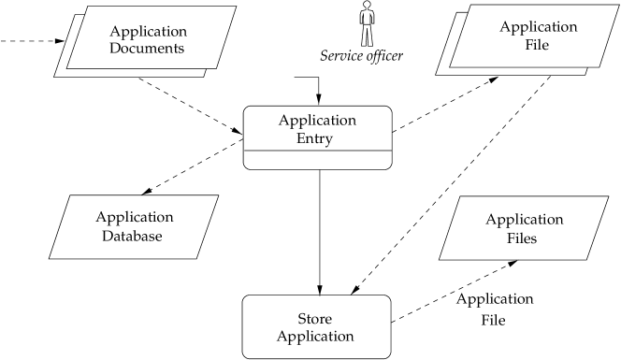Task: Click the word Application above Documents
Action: click(148, 32)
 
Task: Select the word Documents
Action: click(148, 48)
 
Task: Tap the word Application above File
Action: click(538, 27)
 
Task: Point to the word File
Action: click(537, 44)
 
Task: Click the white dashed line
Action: click(196, 166)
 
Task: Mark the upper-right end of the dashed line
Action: click(240, 141)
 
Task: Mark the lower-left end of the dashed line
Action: click(152, 190)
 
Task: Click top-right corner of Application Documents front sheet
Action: click(236, 7)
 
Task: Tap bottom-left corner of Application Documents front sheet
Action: click(66, 67)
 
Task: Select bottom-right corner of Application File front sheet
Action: click(599, 67)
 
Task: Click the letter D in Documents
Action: click(114, 48)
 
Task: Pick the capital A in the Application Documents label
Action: click(114, 32)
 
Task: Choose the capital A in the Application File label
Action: click(504, 27)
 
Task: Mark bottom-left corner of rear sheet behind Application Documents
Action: click(54, 77)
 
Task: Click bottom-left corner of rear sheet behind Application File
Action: click(436, 74)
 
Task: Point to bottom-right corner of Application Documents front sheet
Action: click(218, 67)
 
